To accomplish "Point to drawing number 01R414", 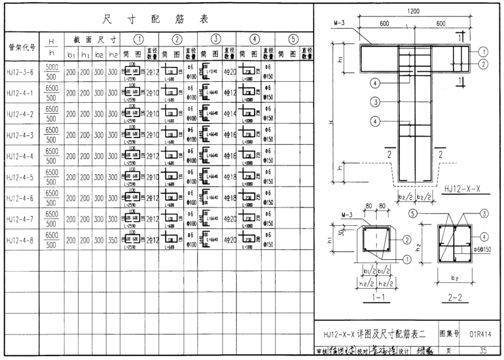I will coord(480,334).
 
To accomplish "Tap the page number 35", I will coord(482,350).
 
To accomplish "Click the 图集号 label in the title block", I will coord(448,334).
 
